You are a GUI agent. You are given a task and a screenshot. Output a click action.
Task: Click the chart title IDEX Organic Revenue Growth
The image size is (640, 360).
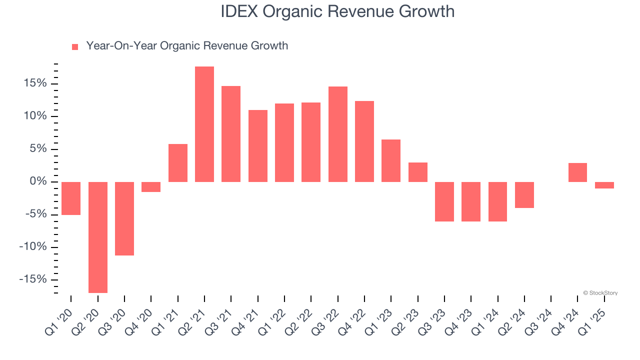[x=337, y=11]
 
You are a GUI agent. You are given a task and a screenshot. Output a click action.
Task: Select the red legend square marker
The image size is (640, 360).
[x=75, y=47]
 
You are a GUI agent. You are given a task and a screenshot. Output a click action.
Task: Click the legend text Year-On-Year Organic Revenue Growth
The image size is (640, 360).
[x=187, y=46]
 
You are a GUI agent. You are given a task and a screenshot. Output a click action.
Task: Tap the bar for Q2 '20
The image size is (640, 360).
[x=98, y=237]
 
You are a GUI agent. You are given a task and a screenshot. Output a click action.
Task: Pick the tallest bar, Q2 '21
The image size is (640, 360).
[x=204, y=124]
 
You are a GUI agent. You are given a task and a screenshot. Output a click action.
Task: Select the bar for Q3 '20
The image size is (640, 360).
[x=124, y=218]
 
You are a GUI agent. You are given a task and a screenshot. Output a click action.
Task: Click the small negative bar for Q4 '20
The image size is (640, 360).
[x=151, y=187]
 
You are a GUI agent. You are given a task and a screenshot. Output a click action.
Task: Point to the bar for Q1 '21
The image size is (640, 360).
[x=178, y=163]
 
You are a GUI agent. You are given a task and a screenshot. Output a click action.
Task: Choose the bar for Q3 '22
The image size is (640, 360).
[x=338, y=134]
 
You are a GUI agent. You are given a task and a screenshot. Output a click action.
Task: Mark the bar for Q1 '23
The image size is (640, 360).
[x=391, y=160]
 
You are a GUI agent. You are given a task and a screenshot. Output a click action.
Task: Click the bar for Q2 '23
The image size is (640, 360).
[x=418, y=172]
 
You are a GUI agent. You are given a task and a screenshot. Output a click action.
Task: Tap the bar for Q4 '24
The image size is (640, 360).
[x=577, y=172]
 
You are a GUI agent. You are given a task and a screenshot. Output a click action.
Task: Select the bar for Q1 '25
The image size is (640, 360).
[x=604, y=185]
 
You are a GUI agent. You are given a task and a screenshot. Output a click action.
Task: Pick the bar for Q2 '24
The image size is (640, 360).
[x=524, y=195]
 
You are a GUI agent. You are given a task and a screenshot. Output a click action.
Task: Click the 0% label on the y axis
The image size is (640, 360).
[x=39, y=181]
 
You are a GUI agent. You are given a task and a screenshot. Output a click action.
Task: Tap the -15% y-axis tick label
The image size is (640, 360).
[x=34, y=279]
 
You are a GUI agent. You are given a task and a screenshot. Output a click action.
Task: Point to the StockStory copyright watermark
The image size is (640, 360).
[x=600, y=293]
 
